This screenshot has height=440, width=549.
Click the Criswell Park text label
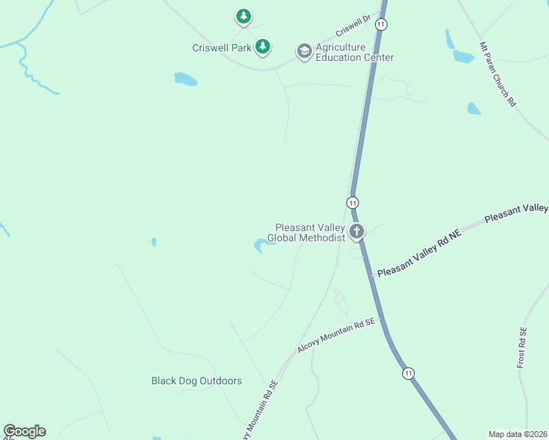(x=222, y=48)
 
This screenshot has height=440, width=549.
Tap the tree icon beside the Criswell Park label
(x=263, y=48)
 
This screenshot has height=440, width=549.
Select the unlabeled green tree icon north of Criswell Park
(x=244, y=15)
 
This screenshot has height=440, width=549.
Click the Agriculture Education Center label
(x=355, y=53)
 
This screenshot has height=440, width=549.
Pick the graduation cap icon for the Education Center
(x=304, y=51)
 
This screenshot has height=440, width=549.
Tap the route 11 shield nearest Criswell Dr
(x=380, y=24)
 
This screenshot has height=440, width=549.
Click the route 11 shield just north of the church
(x=353, y=202)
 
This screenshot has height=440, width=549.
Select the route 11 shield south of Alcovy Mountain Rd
(x=408, y=373)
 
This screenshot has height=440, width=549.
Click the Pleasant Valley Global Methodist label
(x=306, y=232)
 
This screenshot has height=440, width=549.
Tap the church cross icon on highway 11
(x=357, y=232)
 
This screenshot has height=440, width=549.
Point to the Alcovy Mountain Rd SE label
(x=336, y=336)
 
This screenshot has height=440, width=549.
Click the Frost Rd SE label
(x=523, y=348)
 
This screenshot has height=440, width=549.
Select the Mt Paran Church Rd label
(x=498, y=74)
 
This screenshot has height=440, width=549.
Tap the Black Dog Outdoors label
(x=196, y=381)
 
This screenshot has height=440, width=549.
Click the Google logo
(x=24, y=431)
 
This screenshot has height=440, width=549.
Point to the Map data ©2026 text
(x=517, y=434)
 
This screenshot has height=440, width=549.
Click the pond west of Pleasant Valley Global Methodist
(x=263, y=245)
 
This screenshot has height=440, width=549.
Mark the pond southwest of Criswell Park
(x=185, y=78)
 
